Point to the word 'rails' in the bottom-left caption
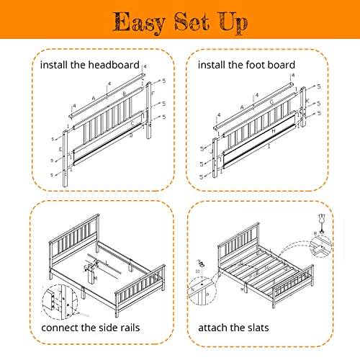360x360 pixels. [128, 328]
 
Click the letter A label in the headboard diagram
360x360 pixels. [93, 98]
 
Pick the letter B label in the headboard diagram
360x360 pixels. [123, 94]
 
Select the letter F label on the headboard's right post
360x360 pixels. [153, 94]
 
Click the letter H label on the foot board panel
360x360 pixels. [272, 130]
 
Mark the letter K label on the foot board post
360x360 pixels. [308, 103]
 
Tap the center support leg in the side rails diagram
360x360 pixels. [93, 276]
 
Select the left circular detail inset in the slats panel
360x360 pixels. [202, 291]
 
